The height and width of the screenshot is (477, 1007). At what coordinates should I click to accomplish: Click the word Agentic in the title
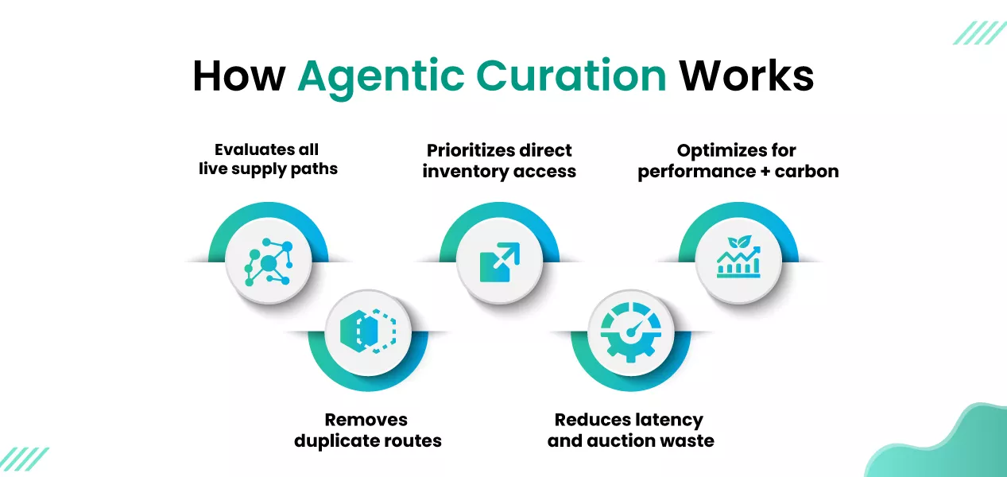pos(378,76)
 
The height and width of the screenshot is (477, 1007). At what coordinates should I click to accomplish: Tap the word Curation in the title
pos(566,76)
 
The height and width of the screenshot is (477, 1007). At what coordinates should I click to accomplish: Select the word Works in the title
pos(746,76)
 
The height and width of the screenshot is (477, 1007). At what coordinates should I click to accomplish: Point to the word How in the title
pos(239,76)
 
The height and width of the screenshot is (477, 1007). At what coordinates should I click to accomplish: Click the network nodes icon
pos(268,262)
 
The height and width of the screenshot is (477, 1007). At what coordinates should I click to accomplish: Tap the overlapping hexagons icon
pos(367,331)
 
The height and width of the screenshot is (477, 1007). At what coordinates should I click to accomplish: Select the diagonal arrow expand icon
pos(499,262)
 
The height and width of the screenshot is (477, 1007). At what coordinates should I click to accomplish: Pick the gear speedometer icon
pos(630,331)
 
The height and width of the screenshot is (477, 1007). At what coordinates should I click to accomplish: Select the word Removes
pos(366,420)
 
